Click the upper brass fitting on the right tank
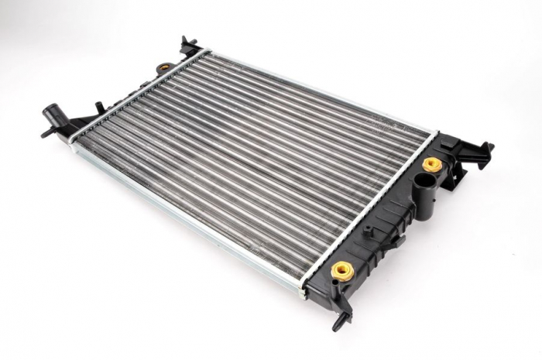click(432, 164)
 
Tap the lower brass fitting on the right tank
click(342, 270)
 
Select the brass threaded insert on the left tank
click(164, 67)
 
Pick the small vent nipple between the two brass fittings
click(369, 231)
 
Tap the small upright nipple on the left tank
click(99, 107)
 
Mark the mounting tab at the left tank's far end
click(188, 45)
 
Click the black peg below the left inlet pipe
click(48, 132)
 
